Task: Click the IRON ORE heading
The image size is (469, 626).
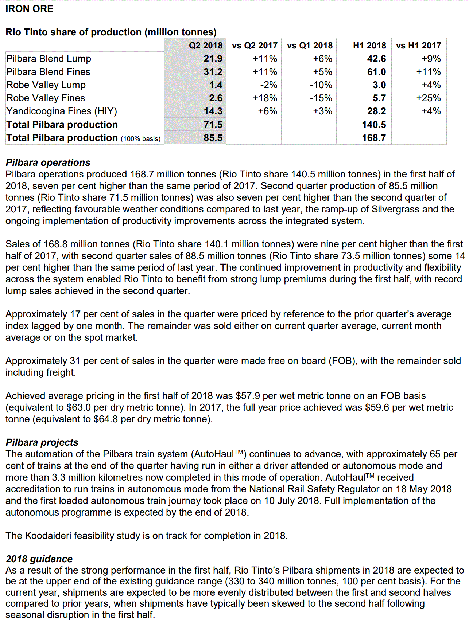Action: (x=29, y=9)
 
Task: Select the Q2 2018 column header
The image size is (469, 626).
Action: (x=205, y=46)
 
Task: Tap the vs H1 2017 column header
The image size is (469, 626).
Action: (x=418, y=46)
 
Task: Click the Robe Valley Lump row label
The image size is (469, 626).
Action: (x=46, y=85)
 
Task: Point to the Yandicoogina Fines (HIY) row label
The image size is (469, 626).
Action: (x=62, y=111)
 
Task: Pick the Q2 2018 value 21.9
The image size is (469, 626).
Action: (x=213, y=59)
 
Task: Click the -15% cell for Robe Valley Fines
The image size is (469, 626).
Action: (x=321, y=98)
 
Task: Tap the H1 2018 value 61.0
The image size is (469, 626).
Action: (x=376, y=72)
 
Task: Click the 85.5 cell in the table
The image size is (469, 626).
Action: (x=213, y=138)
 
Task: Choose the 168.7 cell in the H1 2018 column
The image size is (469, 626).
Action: (x=374, y=138)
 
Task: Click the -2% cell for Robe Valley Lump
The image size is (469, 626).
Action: (x=268, y=85)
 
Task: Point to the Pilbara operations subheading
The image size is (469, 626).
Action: (x=48, y=163)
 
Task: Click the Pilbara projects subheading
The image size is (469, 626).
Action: (x=42, y=442)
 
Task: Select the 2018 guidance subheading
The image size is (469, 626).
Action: (x=39, y=559)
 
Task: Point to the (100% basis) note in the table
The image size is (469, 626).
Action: (x=141, y=139)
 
